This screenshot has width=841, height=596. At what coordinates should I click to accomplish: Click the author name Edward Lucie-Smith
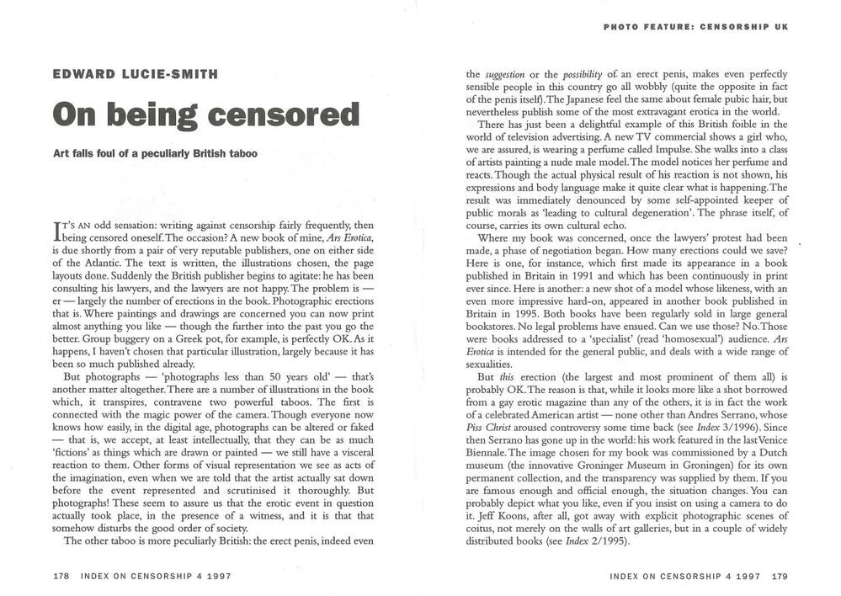pyautogui.click(x=134, y=74)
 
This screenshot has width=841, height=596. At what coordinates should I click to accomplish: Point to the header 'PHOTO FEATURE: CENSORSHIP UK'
pyautogui.click(x=695, y=27)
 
